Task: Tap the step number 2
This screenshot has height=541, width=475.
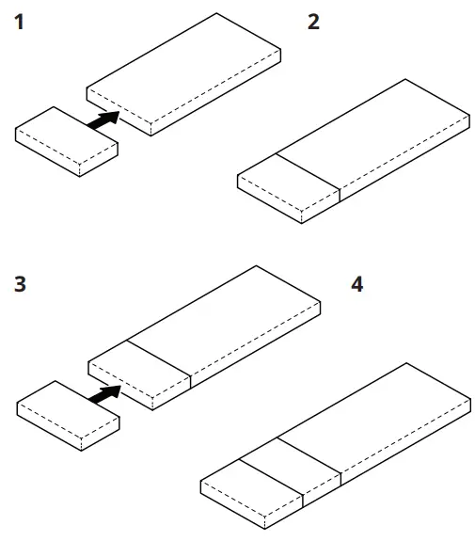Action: pyautogui.click(x=314, y=21)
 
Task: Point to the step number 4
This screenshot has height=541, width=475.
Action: pyautogui.click(x=356, y=283)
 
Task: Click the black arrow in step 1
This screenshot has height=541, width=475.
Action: pyautogui.click(x=104, y=119)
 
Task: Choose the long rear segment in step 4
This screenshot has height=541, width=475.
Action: pyautogui.click(x=376, y=414)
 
